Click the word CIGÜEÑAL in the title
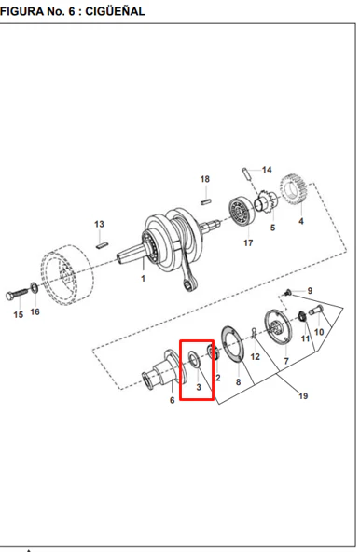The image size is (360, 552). click(x=116, y=11)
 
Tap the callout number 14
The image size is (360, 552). click(x=267, y=170)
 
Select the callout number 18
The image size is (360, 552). click(x=204, y=179)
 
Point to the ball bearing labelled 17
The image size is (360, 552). click(x=241, y=212)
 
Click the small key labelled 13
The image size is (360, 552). click(x=102, y=245)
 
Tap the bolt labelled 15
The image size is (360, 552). click(x=16, y=295)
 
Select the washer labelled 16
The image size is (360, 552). click(x=35, y=287)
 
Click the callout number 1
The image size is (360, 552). click(x=143, y=279)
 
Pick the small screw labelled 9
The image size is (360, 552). click(x=288, y=292)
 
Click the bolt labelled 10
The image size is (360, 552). click(x=316, y=310)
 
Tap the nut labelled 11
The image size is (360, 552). click(x=302, y=316)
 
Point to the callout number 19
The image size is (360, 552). click(x=303, y=396)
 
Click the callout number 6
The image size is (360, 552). click(x=172, y=400)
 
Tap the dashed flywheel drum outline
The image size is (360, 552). click(x=67, y=276)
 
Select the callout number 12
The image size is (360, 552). click(x=255, y=356)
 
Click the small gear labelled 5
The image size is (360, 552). click(x=267, y=202)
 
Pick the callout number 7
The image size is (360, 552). click(x=286, y=361)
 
